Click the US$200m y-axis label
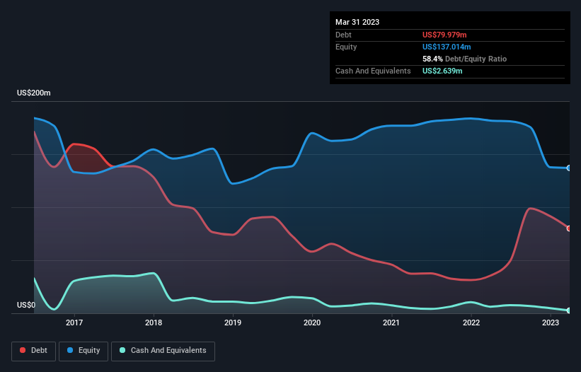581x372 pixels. (x=34, y=93)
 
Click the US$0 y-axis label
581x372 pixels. (x=25, y=306)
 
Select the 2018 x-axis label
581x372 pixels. (x=154, y=322)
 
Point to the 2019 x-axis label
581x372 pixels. (x=233, y=322)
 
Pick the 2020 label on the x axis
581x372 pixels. (x=312, y=322)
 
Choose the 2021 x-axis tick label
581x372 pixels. (x=391, y=322)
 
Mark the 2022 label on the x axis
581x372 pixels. (x=471, y=322)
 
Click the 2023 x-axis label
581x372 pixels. (x=551, y=322)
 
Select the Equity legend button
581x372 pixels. (x=84, y=351)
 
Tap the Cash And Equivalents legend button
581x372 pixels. (x=163, y=351)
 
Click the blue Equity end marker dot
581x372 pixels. (x=569, y=168)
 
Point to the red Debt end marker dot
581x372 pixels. (x=569, y=228)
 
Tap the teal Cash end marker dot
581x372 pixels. (x=569, y=310)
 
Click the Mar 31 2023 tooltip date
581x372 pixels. (x=357, y=22)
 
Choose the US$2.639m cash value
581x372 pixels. (x=443, y=71)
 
